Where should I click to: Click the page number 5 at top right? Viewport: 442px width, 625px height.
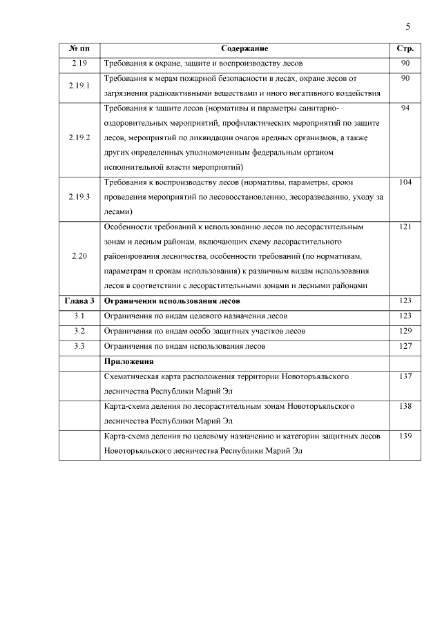tap(408, 26)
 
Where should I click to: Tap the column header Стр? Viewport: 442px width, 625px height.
tap(405, 49)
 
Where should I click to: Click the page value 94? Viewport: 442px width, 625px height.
tap(405, 108)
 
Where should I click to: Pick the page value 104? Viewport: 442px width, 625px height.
tap(405, 182)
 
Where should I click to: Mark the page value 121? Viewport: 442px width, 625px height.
tap(405, 227)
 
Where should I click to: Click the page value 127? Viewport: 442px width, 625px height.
tap(405, 346)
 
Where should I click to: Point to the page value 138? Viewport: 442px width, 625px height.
tap(405, 406)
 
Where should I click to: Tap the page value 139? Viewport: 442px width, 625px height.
tap(405, 436)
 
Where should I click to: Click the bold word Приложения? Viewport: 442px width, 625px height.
tap(128, 361)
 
